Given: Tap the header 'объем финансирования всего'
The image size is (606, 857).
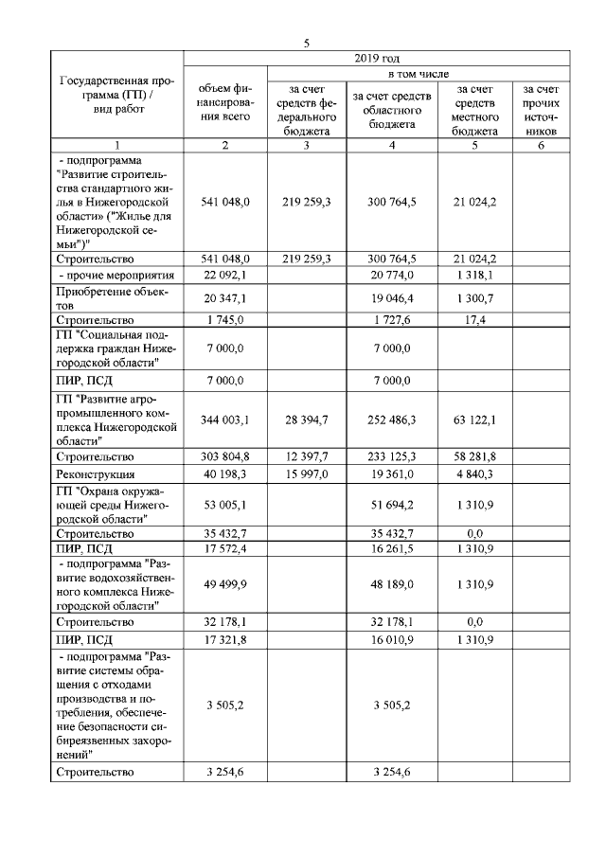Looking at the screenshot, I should click(226, 102).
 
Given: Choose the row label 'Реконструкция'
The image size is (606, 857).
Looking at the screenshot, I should click(95, 473).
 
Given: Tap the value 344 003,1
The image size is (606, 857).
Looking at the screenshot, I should click(226, 420).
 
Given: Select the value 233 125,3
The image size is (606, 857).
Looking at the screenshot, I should click(390, 457).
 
